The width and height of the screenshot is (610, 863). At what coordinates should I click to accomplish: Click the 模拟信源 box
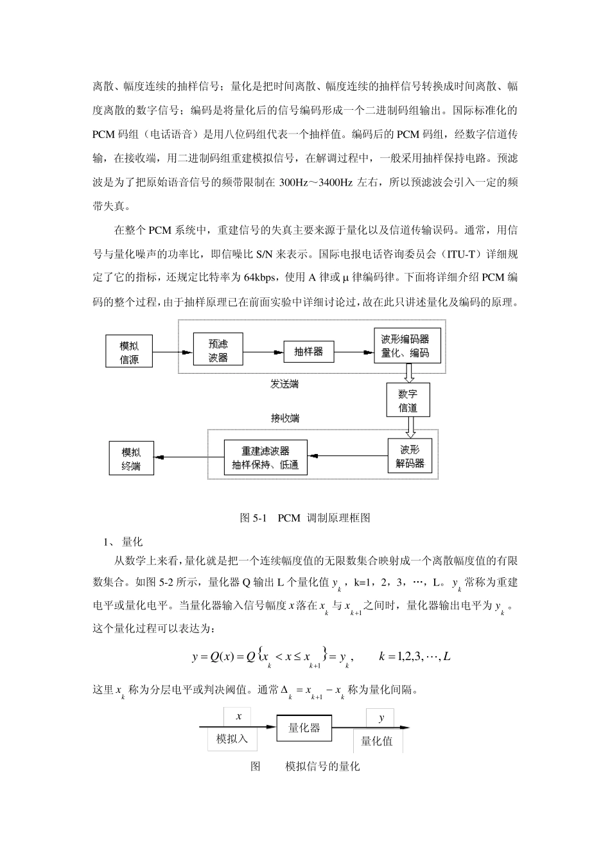tap(129, 352)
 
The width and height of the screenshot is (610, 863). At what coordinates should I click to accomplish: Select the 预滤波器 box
tap(218, 350)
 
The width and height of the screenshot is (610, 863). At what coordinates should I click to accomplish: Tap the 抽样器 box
tap(309, 351)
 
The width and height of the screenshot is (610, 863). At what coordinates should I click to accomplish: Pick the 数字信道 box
tap(408, 399)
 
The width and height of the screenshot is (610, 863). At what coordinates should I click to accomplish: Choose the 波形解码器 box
tap(410, 457)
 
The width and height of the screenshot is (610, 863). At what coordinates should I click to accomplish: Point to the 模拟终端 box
tap(131, 458)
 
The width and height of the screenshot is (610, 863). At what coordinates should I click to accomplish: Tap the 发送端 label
tap(284, 384)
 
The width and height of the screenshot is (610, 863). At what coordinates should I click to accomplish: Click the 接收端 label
tap(285, 418)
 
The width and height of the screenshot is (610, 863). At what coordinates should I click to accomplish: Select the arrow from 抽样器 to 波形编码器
tap(353, 352)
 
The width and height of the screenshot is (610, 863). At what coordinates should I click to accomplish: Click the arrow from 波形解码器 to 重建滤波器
tap(347, 457)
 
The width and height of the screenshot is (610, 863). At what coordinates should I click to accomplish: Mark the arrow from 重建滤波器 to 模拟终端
tap(189, 457)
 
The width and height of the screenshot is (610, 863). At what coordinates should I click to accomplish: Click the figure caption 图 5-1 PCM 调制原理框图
tap(305, 518)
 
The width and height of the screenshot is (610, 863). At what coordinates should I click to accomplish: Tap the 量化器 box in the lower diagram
tap(304, 728)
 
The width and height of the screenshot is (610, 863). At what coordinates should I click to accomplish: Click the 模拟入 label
tap(232, 739)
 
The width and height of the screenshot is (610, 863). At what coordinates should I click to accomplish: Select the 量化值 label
tap(377, 741)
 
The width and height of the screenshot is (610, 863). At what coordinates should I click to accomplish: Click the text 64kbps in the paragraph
tap(258, 278)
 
